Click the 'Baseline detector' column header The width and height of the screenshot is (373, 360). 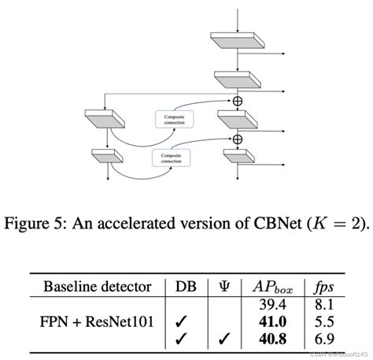95,284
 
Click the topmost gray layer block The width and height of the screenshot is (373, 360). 234,43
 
